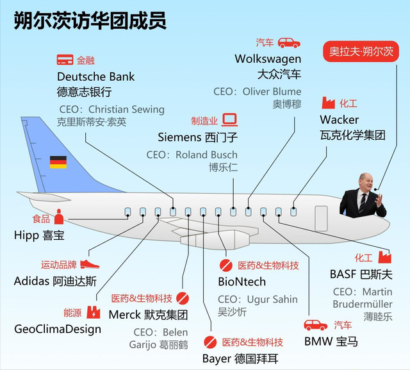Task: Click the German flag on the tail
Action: point(58,162)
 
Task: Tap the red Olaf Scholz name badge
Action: point(361,51)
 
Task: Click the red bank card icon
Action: point(65,60)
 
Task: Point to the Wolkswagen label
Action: point(268,59)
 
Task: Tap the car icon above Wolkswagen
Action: point(289,43)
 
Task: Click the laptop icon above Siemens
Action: point(230,120)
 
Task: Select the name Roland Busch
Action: point(206,155)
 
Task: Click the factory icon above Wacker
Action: point(329,103)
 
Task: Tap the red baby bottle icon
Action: point(59,217)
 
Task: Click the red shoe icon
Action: point(90,264)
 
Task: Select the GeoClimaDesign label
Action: point(58,329)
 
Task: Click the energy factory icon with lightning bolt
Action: point(94,312)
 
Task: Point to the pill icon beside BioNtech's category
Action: point(226,265)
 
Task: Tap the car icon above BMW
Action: point(316,325)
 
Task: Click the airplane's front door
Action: point(321,219)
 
